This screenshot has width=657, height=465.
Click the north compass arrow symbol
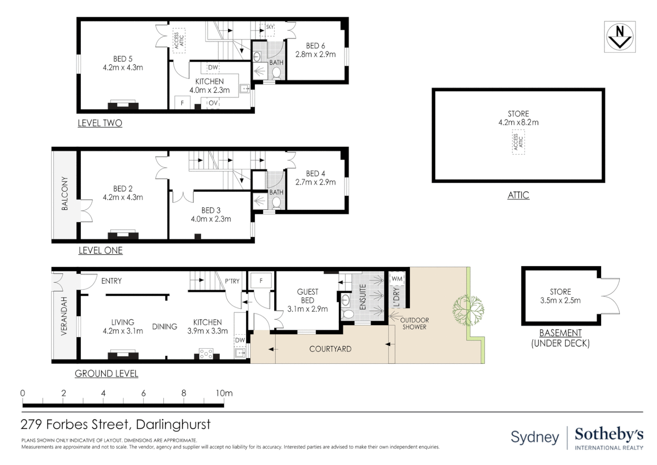[x=620, y=37]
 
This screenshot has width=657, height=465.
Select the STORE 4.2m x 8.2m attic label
[x=518, y=118]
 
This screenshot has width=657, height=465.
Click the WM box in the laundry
[x=397, y=279]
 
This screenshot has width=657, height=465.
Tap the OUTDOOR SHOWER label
[x=414, y=323]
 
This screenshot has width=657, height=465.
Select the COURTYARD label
[x=330, y=349]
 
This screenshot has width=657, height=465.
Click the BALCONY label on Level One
[x=65, y=193]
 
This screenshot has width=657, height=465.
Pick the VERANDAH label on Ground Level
[x=64, y=316]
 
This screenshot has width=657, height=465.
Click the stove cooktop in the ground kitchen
[x=206, y=353]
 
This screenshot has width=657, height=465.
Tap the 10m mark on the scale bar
[x=224, y=393]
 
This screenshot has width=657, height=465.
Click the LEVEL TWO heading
[x=100, y=123]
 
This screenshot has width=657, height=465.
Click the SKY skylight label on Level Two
[x=270, y=27]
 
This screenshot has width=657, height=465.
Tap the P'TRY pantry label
[x=232, y=281]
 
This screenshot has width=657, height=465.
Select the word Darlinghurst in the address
[x=173, y=425]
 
